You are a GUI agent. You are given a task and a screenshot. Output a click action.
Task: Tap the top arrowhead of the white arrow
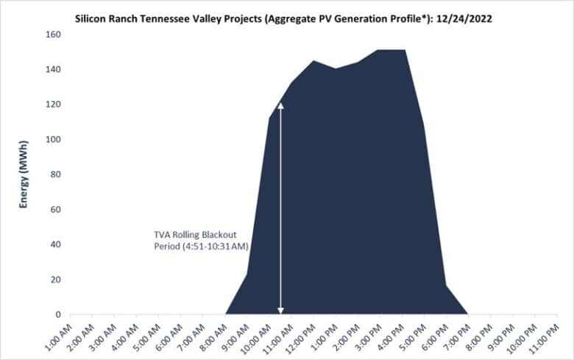[280, 105]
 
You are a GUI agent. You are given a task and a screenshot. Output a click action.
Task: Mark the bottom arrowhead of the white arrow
[280, 310]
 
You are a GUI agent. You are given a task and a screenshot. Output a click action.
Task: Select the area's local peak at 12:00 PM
[314, 61]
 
